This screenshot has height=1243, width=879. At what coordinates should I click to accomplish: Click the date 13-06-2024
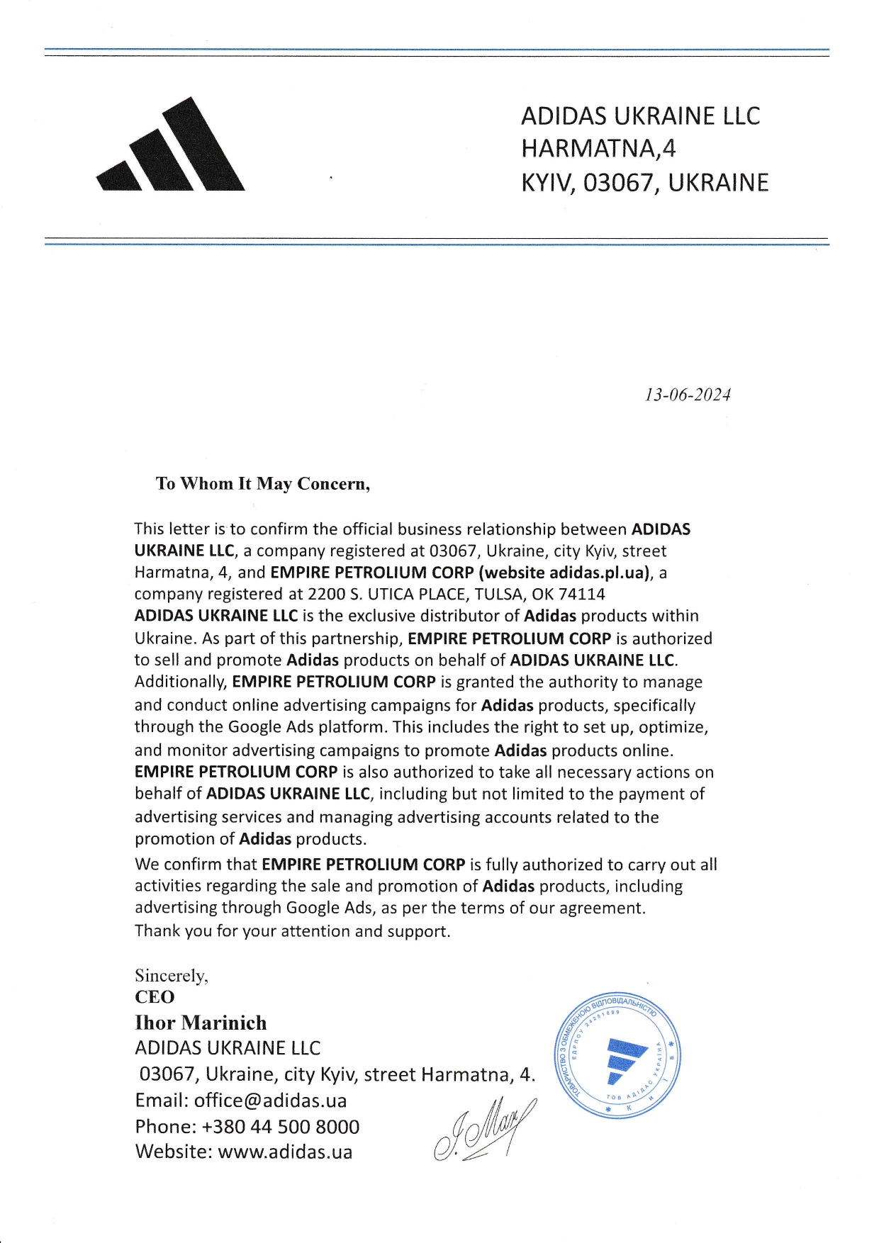(x=687, y=395)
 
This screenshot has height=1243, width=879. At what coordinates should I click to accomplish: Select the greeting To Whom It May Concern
(x=262, y=484)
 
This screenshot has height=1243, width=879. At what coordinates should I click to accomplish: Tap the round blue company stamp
(x=616, y=1055)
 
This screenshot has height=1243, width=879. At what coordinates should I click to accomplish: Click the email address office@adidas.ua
(x=270, y=1101)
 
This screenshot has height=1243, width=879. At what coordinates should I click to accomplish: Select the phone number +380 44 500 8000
(x=281, y=1127)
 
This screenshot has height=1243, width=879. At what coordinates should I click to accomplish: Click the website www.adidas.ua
(x=285, y=1152)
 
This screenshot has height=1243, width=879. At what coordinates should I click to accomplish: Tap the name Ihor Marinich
(x=201, y=1023)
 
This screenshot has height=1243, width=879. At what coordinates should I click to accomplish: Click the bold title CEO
(x=155, y=997)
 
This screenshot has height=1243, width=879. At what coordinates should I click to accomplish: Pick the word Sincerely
(x=171, y=976)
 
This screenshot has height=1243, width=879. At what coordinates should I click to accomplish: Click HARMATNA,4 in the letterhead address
(x=598, y=149)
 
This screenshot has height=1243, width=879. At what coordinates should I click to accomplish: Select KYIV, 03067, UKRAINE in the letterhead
(x=644, y=183)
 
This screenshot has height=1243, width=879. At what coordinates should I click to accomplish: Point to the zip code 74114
(x=581, y=594)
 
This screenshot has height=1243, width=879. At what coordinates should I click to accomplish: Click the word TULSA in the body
(x=498, y=594)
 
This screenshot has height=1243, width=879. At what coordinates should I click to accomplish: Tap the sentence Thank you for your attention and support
(x=292, y=930)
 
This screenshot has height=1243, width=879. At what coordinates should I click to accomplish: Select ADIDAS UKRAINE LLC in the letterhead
(x=640, y=116)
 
